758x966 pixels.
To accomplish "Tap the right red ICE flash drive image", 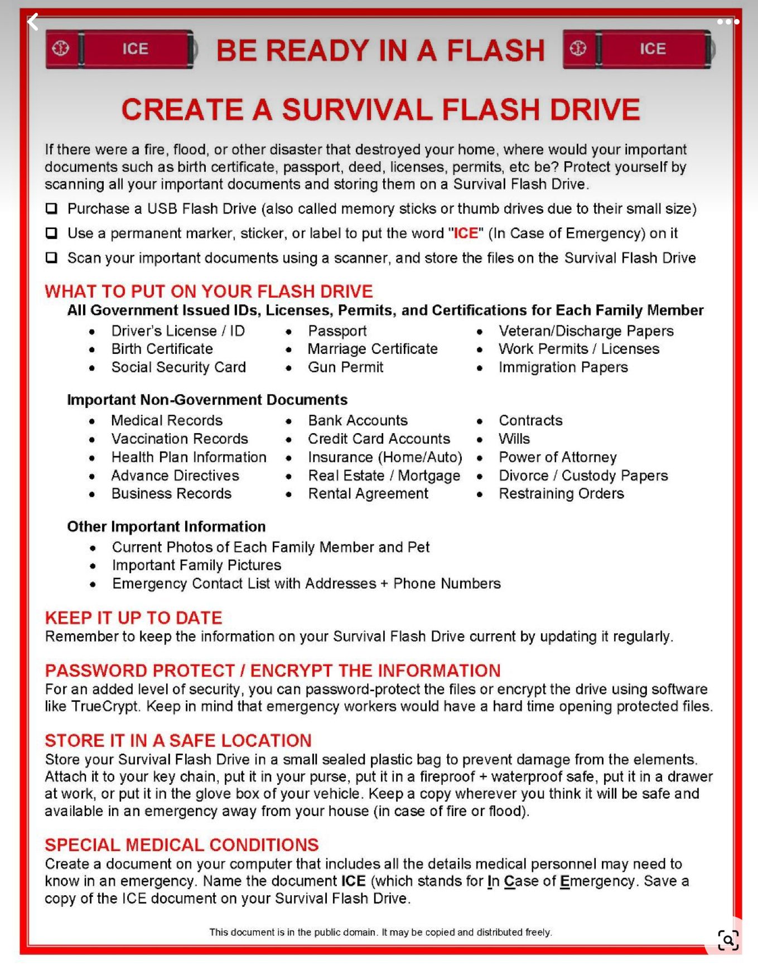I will coord(638,49).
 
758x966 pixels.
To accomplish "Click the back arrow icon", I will coord(33,22).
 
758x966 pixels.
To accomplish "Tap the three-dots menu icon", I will coord(727,22).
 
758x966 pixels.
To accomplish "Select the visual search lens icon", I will coord(728,940).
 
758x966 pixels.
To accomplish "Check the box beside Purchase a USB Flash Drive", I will coord(51,208).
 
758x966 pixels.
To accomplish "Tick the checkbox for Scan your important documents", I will coord(51,258).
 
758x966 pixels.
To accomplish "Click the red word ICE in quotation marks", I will coord(466,233).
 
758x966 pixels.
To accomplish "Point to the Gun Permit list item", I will coord(345,367).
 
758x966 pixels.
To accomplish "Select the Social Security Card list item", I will coord(178,367).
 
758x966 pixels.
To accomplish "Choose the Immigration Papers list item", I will coord(563,367).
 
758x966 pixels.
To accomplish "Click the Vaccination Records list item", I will coord(179,439).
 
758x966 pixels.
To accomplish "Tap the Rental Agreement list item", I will coord(368,493).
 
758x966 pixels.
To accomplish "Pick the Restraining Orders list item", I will coord(561,493).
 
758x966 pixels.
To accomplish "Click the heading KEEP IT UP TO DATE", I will coord(133,618).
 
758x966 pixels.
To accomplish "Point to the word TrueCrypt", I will coord(104,706).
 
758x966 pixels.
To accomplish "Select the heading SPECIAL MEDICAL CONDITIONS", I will coord(181,844).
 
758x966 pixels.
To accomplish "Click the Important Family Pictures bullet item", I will coord(196,565).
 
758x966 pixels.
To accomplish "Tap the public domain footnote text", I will coord(380,932).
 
